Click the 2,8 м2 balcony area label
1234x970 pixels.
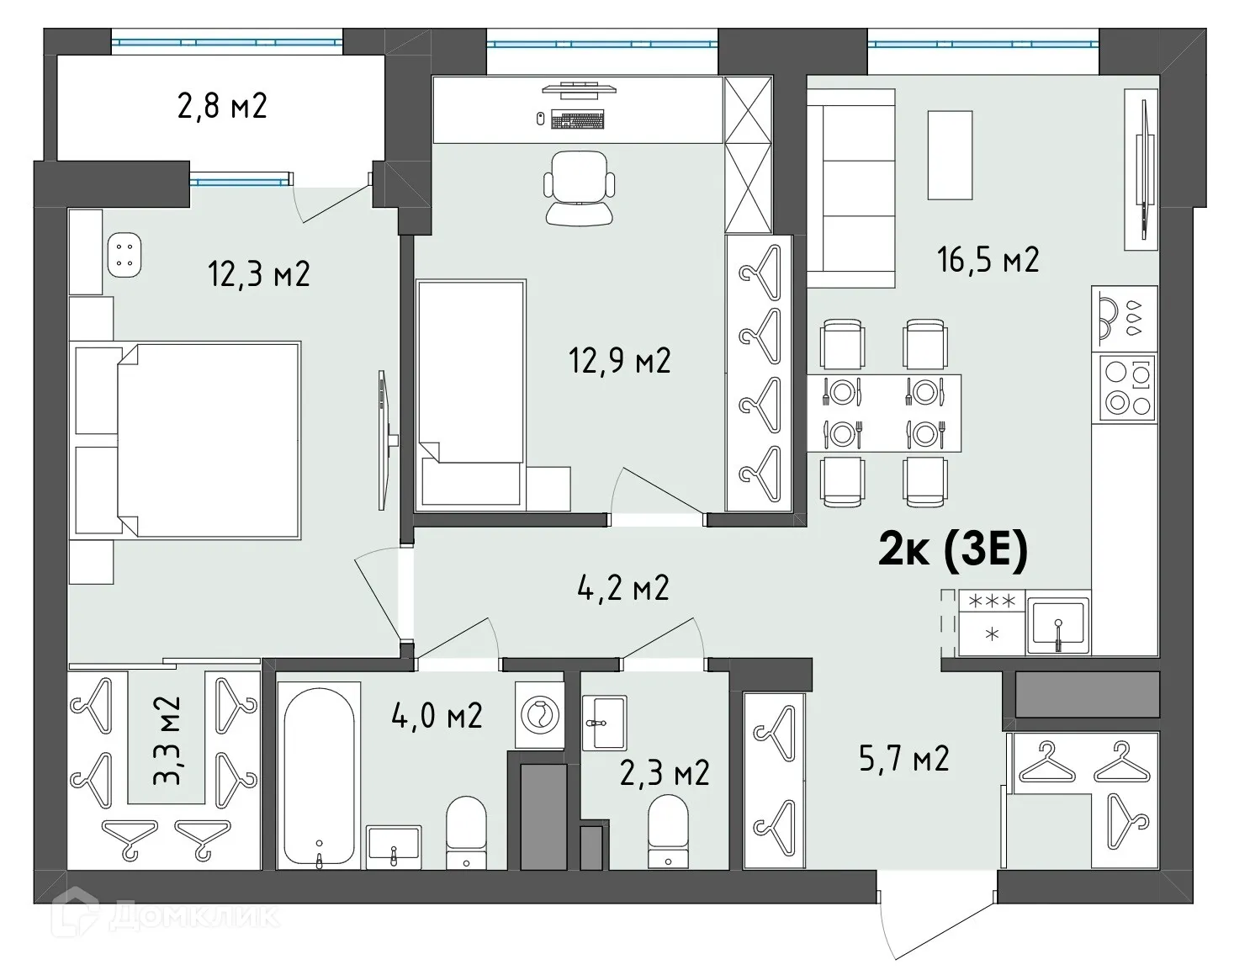pyautogui.click(x=222, y=107)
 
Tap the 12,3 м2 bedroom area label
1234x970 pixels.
pyautogui.click(x=259, y=274)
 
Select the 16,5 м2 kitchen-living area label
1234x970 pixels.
pyautogui.click(x=988, y=260)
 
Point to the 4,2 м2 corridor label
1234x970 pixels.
pyautogui.click(x=623, y=587)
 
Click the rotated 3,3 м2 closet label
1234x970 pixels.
pyautogui.click(x=167, y=739)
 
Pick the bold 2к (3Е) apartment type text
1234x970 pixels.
pyautogui.click(x=953, y=551)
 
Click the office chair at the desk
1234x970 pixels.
pyautogui.click(x=579, y=188)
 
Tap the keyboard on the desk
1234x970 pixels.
pyautogui.click(x=578, y=120)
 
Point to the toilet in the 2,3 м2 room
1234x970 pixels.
pyautogui.click(x=668, y=831)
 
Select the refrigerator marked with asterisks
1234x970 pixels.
pyautogui.click(x=992, y=623)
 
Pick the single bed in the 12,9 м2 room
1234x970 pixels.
pyautogui.click(x=471, y=395)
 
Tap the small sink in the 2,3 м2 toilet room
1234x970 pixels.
pyautogui.click(x=604, y=722)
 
